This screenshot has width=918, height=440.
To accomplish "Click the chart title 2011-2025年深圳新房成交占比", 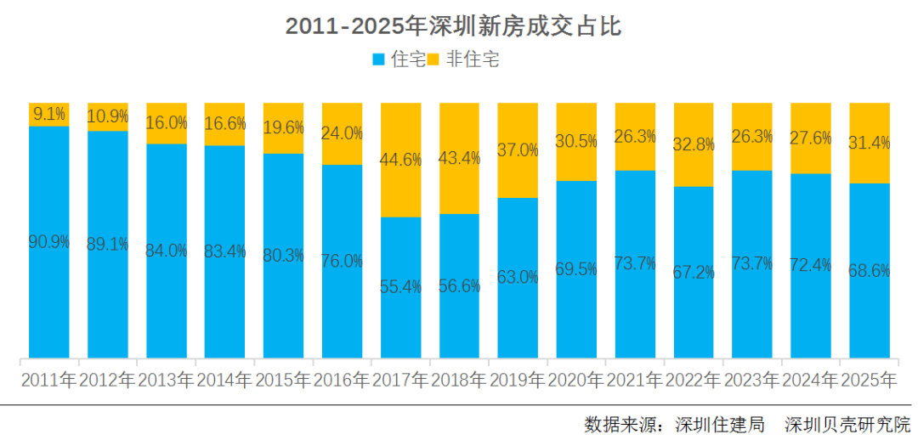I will coord(453,26).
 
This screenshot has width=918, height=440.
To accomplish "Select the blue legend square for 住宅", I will coord(379,59).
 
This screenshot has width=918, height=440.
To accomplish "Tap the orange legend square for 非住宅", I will coord(432,59).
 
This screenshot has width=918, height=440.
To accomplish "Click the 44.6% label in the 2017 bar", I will coord(401,160).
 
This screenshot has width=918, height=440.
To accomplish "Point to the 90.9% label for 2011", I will coord(48,241).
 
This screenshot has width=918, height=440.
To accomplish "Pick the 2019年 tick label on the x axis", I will coord(518,379).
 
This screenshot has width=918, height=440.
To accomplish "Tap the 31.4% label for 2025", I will coord(870,143).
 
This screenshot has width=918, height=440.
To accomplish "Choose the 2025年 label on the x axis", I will coord(870,379).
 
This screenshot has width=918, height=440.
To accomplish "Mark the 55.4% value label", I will coord(401,287).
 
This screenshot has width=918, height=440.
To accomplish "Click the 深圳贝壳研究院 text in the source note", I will coord(847,423).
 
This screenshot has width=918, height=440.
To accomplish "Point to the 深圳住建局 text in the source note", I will coord(720,423).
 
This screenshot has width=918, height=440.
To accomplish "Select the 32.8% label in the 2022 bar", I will coord(694,144).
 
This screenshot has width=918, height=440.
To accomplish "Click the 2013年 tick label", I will coord(166,379).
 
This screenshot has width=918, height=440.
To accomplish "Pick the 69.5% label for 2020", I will coord(577,269).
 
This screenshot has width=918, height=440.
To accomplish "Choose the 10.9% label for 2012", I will coord(108,116).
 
